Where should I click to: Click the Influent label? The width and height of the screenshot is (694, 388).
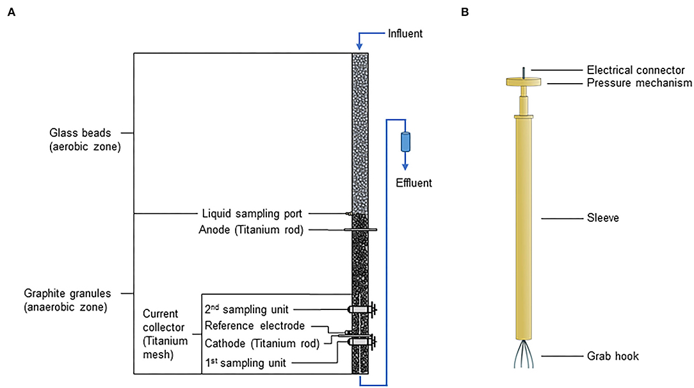pos(406,32)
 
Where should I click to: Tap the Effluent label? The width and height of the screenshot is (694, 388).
pos(414,183)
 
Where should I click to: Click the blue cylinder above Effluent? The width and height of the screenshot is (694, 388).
pos(405,141)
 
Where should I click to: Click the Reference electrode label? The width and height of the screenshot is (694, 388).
pos(254,326)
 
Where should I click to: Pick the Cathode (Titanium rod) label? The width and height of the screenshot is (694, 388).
pos(262,343)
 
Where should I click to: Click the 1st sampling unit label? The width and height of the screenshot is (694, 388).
pos(245,362)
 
